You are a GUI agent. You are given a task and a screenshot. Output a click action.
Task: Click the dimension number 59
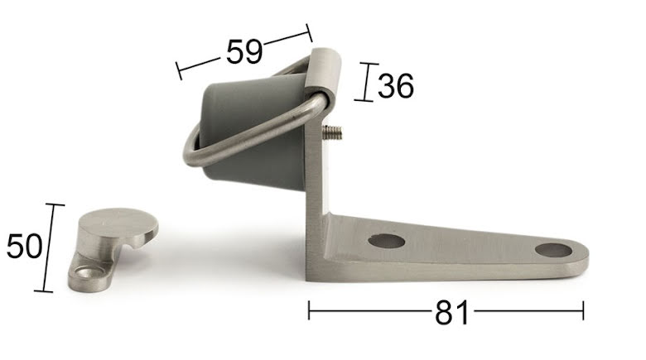[244, 51]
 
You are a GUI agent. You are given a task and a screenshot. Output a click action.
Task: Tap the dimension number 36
[396, 86]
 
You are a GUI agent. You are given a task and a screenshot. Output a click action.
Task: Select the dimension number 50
[24, 246]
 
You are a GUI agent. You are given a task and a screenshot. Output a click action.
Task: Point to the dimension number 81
[452, 312]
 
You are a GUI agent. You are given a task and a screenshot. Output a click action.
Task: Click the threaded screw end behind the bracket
[332, 132]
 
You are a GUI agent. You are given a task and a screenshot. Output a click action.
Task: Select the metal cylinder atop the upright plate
[323, 73]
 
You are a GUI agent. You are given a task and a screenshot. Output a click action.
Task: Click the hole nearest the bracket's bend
[387, 241]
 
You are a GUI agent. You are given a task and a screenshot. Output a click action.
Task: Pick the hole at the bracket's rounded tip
[553, 250]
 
